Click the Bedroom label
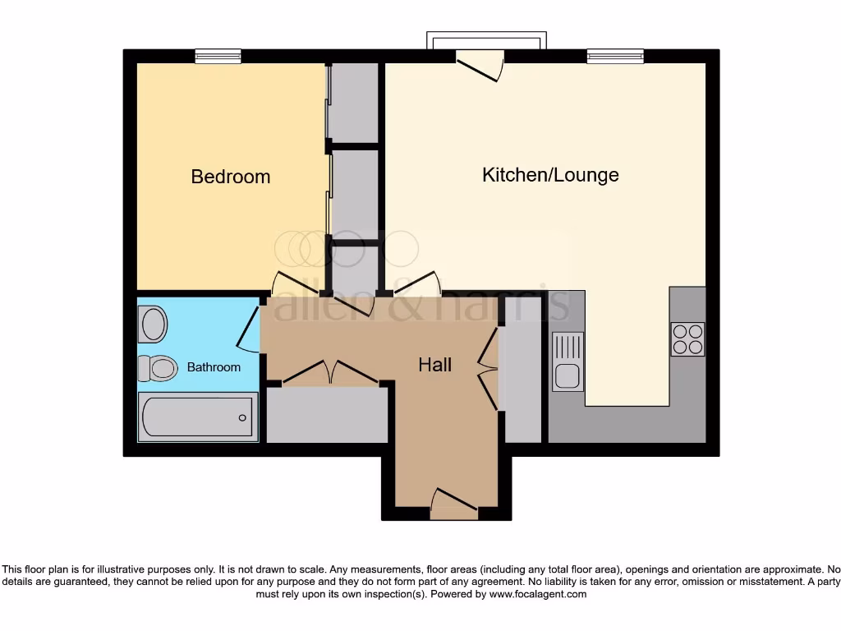[230, 177]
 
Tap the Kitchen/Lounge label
[550, 174]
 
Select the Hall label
[434, 365]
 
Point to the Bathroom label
[214, 367]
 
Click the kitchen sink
[568, 362]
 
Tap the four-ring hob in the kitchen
[687, 339]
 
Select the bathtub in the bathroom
[198, 417]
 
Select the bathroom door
[247, 329]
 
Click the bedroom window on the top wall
[218, 56]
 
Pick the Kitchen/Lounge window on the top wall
[615, 56]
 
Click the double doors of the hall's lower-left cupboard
[329, 372]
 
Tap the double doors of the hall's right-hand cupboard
[488, 369]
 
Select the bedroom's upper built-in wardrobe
[353, 103]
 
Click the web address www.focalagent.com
[539, 594]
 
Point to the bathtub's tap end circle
[243, 417]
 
